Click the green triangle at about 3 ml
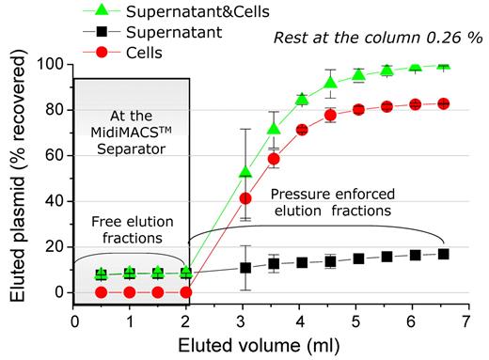245,172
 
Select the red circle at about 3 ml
245,198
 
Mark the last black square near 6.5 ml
443,254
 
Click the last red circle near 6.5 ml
443,103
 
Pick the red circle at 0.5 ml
102,292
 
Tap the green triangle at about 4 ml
302,99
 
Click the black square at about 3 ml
245,267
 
